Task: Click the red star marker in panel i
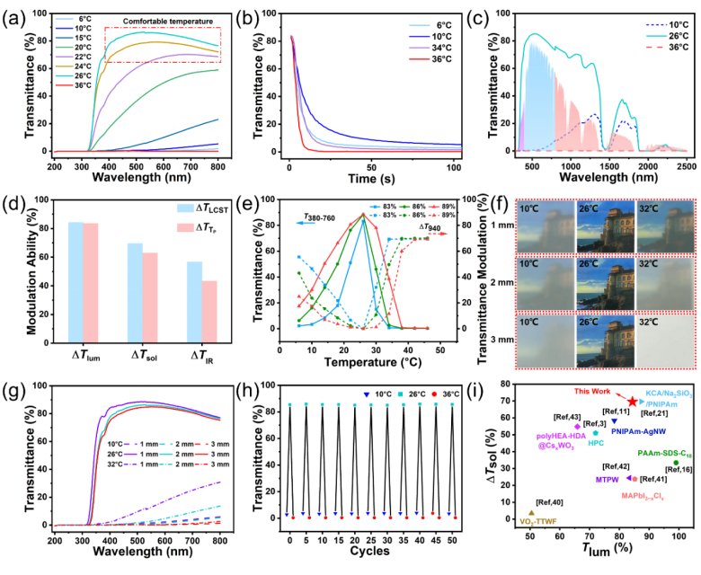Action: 633,402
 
